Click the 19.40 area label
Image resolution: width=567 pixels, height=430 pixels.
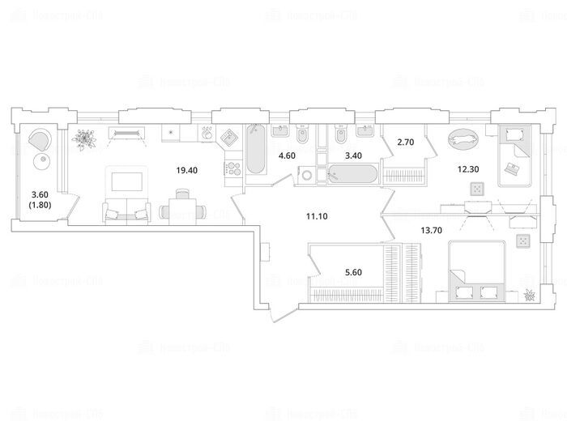coord(188,170)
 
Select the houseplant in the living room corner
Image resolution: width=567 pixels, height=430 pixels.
coord(83,141)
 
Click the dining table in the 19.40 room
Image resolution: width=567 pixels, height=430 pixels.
coord(180,209)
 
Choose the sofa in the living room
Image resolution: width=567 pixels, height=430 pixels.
coord(126,212)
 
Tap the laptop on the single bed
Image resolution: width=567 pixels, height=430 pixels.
coord(512,168)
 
